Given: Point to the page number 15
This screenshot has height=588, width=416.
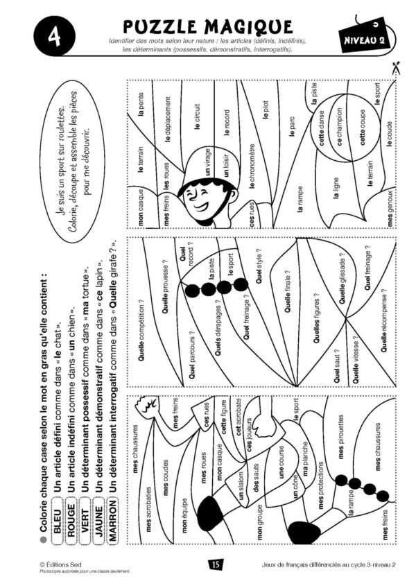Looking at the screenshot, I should pyautogui.click(x=215, y=564).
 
